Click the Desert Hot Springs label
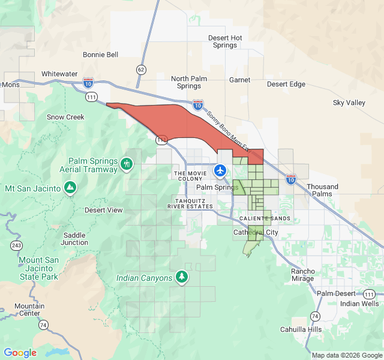(225, 41)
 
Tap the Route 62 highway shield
(141, 69)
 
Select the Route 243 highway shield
(16, 245)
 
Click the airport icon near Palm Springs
(221, 171)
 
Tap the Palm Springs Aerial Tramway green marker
(126, 164)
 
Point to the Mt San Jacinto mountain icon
(71, 188)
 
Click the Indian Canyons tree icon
(181, 277)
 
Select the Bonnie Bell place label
(101, 55)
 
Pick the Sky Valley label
(349, 103)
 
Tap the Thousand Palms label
(323, 190)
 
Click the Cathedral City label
(256, 232)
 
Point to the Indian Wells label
(359, 304)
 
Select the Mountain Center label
(30, 310)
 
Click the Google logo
(20, 352)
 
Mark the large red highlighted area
(180, 123)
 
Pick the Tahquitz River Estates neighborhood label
(194, 203)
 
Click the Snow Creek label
(65, 117)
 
